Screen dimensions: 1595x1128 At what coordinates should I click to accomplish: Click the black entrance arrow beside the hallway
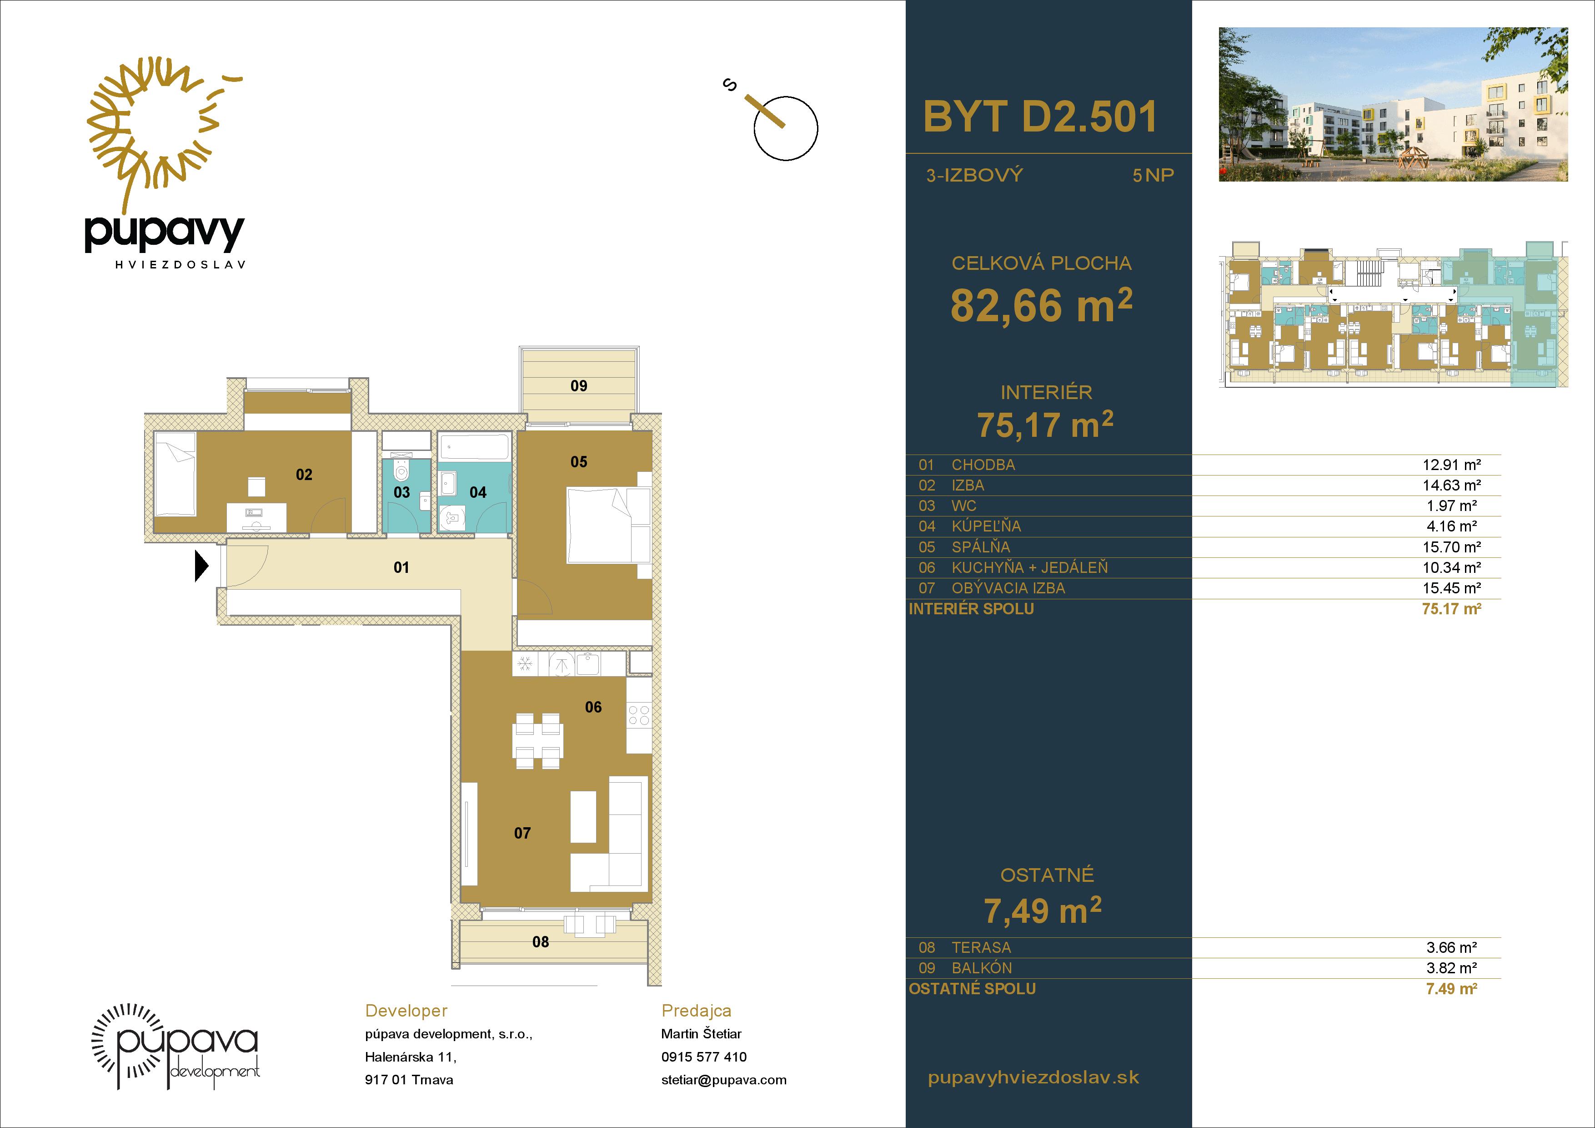coord(201,566)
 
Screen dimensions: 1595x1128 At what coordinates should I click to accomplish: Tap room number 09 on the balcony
coord(579,386)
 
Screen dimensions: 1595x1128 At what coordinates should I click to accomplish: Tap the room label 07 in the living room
coord(522,833)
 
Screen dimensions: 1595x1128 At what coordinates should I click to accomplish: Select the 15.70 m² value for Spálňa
coord(1451,547)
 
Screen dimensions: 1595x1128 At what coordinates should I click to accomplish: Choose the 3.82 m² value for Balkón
coord(1451,967)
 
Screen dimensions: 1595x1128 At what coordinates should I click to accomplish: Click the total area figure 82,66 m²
coord(1041,305)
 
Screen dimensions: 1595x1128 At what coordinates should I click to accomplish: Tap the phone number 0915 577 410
coord(704,1057)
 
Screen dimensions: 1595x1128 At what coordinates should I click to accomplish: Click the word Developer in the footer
coord(406,1011)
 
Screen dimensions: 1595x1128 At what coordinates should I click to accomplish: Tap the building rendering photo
coord(1393,104)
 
